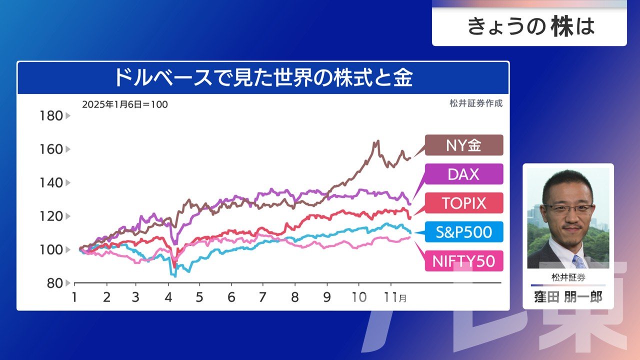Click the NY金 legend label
tap(464, 145)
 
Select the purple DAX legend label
tap(464, 174)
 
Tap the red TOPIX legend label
tap(464, 203)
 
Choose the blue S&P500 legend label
tap(464, 232)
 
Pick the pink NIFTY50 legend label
tap(464, 261)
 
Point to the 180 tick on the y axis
tap(51, 116)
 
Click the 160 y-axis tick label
tap(51, 149)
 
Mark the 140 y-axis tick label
tap(51, 182)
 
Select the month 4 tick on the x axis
tap(168, 297)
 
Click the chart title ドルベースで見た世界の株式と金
tap(263, 78)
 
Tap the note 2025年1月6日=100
tap(125, 104)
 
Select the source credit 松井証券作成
tap(475, 104)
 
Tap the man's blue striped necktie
tap(579, 261)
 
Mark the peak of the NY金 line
tap(376, 141)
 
